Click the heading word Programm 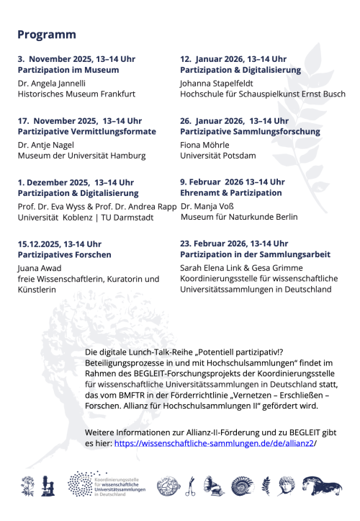[x=47, y=35]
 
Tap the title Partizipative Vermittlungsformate [x=86, y=131]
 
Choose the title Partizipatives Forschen [x=64, y=255]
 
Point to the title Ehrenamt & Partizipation [x=230, y=193]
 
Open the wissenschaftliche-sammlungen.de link [x=214, y=445]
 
